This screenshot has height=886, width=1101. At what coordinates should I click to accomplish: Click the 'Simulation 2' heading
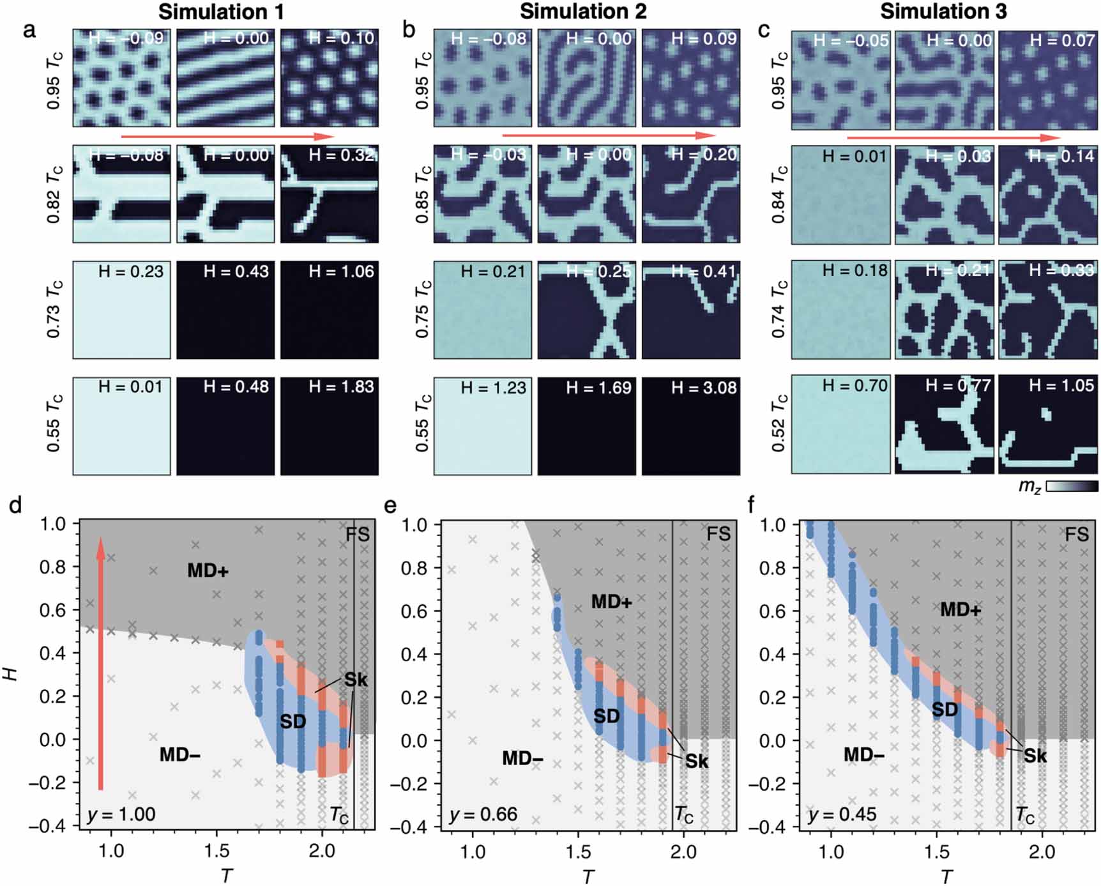[x=582, y=11]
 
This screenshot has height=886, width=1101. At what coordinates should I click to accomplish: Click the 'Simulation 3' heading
[x=943, y=11]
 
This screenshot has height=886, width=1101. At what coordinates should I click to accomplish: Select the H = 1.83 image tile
[x=330, y=426]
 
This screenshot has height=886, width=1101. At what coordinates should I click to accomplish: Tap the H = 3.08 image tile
[x=691, y=426]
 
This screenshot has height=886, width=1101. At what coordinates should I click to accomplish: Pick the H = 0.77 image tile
[x=944, y=424]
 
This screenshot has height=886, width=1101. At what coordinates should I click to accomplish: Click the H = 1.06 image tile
[x=330, y=310]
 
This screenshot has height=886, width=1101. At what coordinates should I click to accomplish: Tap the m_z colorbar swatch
[x=1072, y=486]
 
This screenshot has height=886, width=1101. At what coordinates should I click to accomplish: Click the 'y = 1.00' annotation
[x=121, y=814]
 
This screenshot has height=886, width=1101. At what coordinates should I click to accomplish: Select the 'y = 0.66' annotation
[x=483, y=814]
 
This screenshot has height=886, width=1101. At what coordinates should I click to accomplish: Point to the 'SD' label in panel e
[x=606, y=715]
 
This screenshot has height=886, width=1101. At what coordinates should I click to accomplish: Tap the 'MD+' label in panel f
[x=960, y=609]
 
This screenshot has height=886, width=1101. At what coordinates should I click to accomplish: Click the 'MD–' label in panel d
[x=179, y=754]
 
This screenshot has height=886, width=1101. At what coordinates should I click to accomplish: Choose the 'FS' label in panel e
[x=718, y=533]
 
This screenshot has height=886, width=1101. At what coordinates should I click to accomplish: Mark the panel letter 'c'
[x=764, y=30]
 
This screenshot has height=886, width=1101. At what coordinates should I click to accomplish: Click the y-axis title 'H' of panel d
[x=11, y=673]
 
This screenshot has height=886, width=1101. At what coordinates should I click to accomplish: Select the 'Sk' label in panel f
[x=1035, y=756]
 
